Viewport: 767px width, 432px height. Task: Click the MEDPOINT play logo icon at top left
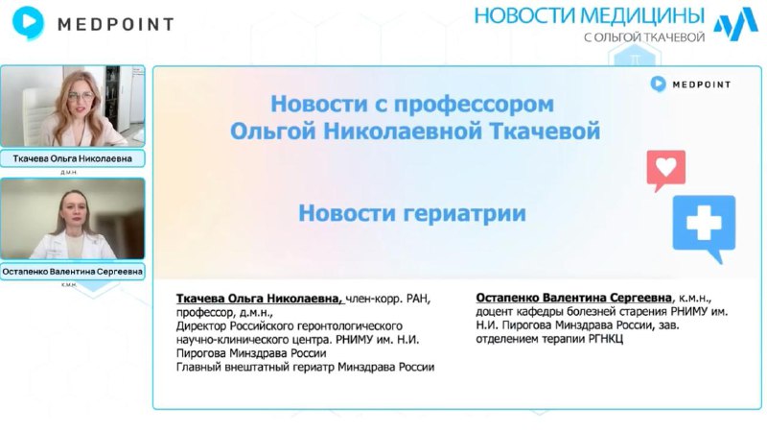28,22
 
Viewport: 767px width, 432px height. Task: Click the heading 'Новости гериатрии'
412,213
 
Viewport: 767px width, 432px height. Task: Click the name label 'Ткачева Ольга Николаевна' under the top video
73,158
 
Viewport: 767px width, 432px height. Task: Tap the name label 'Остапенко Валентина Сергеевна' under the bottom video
73,272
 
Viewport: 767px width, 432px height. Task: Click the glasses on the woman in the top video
81,96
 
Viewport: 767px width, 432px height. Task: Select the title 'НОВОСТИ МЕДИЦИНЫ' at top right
590,15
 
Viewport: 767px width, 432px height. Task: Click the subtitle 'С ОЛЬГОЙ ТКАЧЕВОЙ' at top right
643,37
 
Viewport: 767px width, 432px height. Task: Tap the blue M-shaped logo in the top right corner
735,24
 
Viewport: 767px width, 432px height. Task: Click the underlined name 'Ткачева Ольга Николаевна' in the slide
260,299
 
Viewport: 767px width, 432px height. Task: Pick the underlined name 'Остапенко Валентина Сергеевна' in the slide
573,298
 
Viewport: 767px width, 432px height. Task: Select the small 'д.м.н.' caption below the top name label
69,173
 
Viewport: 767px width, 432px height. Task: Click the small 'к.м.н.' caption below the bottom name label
69,285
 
